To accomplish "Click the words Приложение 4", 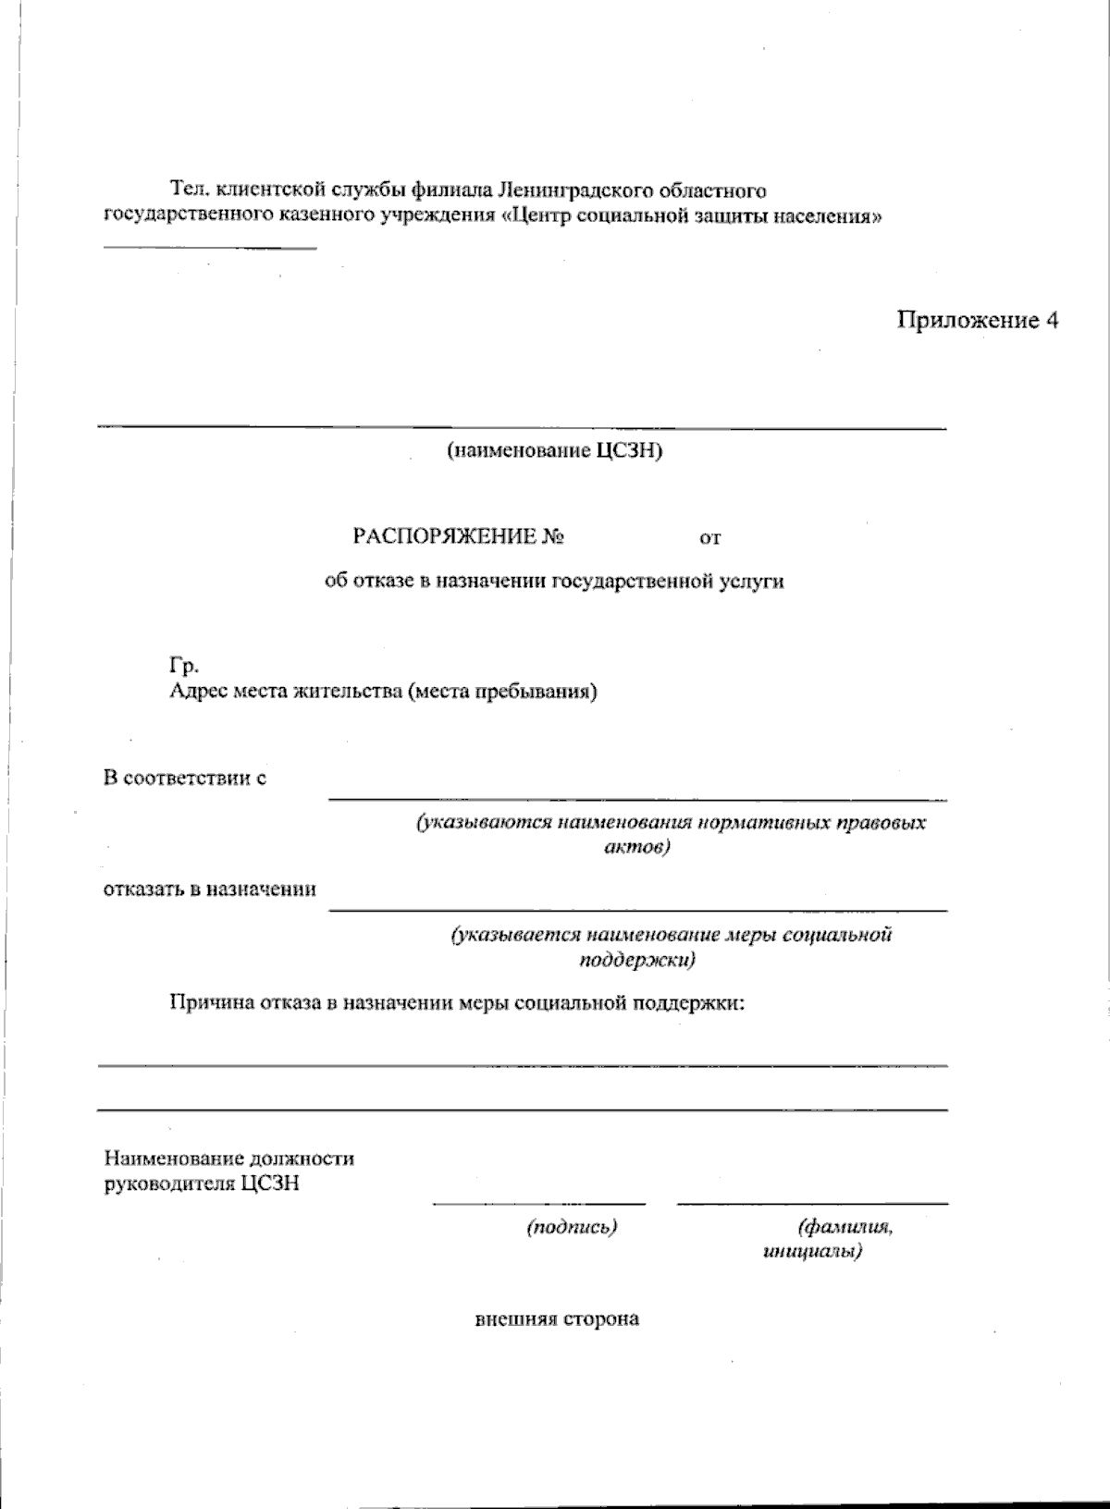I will pos(977,321).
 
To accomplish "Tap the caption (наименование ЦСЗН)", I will pos(554,451).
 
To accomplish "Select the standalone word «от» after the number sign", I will pos(709,538).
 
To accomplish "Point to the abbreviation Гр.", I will pos(183,666).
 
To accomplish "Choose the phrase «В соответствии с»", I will pos(185,779).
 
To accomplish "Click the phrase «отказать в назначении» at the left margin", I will pos(209,889).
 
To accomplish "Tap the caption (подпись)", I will pos(572,1227).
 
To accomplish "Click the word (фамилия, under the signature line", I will pos(845,1227).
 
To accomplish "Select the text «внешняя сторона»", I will pos(557,1319).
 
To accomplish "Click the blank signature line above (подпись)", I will pos(538,1204).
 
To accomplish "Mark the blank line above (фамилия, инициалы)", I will pos(812,1204).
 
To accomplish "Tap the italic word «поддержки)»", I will pos(637,959).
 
